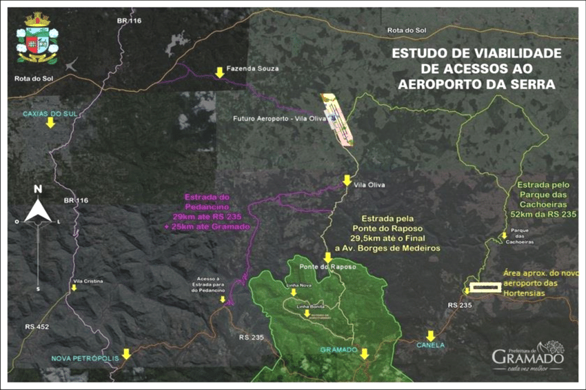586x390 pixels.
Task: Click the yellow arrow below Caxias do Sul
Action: tap(50, 123)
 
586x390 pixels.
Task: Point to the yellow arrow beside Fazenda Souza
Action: tap(219, 72)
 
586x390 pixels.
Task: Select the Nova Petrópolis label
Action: tap(81, 358)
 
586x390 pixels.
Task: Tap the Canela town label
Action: tap(431, 344)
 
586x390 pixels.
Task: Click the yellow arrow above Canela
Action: tap(430, 335)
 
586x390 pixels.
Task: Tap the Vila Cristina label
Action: tap(88, 281)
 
